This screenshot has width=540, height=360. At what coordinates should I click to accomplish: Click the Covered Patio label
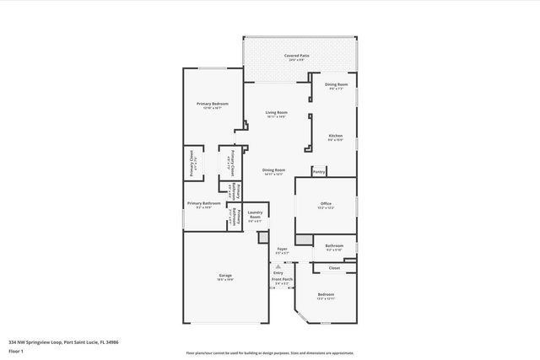pos(296,56)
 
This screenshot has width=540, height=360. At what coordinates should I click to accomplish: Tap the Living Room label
pos(277,112)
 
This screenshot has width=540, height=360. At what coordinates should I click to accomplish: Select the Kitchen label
pos(335,136)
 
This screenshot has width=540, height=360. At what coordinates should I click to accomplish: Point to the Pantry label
pos(318,172)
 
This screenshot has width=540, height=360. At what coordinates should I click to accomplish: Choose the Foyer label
pos(282,250)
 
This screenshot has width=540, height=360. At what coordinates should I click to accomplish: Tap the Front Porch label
pos(282,280)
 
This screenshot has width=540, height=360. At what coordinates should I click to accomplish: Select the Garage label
pos(225,276)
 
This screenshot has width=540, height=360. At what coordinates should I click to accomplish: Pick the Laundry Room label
pos(255,216)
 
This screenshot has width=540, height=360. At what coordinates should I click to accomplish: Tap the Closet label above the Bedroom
pos(334,268)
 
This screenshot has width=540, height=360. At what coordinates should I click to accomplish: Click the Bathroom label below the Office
pos(334,246)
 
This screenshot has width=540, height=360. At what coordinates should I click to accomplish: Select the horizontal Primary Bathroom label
pos(204,204)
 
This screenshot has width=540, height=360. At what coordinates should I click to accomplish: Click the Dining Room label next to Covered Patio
pos(335,85)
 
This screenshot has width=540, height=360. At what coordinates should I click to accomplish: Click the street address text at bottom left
pos(64,342)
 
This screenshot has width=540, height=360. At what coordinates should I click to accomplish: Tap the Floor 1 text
pos(16,350)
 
